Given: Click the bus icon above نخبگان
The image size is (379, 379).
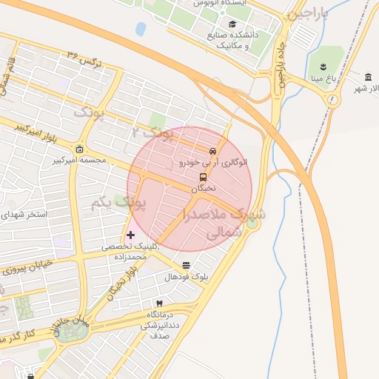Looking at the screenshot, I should (203, 178).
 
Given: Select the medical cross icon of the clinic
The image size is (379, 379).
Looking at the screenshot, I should (131, 235).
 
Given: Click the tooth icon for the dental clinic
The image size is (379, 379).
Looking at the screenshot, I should (158, 304).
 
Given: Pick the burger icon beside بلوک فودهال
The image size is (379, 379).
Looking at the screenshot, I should (185, 265).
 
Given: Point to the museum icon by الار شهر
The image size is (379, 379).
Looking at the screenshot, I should (369, 78).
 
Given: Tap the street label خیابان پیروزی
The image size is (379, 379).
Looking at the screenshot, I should (29, 267).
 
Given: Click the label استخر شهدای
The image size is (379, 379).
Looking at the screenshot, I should (27, 215).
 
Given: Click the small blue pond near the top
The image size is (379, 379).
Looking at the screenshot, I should (141, 29).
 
